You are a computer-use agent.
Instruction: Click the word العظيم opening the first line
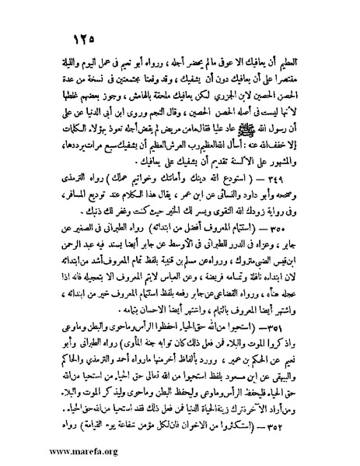coord(303,63)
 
